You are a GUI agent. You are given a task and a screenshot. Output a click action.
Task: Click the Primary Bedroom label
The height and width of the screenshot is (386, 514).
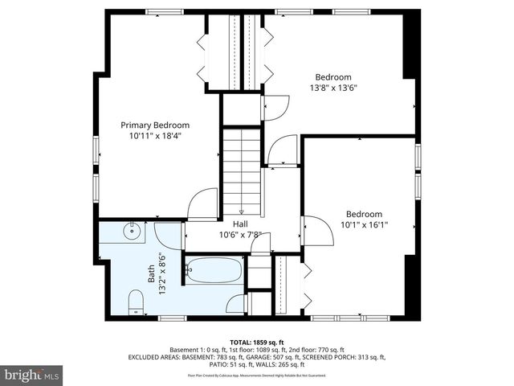(x=155, y=125)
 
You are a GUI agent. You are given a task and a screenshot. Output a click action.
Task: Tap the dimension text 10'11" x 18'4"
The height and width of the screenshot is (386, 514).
(x=155, y=137)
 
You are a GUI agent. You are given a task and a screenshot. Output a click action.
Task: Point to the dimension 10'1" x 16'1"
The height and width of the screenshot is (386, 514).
(x=363, y=225)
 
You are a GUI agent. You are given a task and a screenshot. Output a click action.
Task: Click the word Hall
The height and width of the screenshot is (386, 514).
(x=240, y=224)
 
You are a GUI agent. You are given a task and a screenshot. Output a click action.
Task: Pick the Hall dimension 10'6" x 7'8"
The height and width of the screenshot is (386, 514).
(x=240, y=235)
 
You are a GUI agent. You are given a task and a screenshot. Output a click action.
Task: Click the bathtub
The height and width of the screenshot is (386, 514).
(x=214, y=269)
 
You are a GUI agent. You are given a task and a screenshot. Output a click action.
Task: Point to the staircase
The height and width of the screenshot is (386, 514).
(x=242, y=169)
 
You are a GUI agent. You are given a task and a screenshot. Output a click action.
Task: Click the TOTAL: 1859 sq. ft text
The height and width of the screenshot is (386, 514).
(x=258, y=342)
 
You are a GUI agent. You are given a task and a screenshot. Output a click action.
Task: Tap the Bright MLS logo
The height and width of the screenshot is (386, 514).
(x=32, y=375)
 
